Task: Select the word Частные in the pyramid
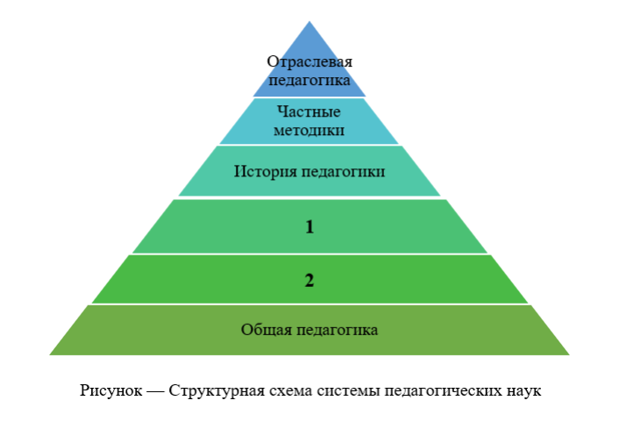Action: click(309, 112)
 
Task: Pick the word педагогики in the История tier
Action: click(344, 170)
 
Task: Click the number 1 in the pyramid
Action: click(309, 227)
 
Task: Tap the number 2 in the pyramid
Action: click(309, 281)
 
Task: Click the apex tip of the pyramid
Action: click(309, 23)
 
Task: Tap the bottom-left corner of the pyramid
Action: click(51, 354)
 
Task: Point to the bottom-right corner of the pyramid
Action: click(568, 354)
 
